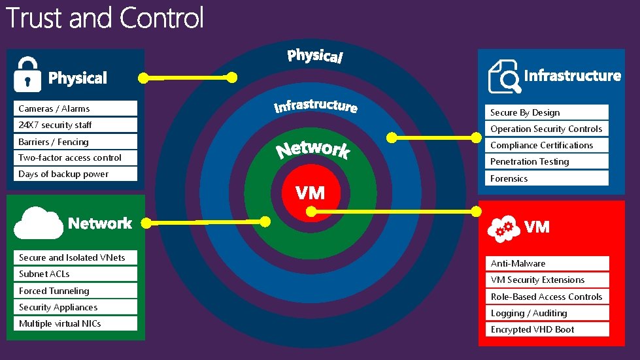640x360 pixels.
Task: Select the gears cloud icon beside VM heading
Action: click(505, 226)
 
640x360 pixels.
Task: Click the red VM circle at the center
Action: click(310, 193)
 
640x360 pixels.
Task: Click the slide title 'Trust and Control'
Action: click(105, 18)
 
